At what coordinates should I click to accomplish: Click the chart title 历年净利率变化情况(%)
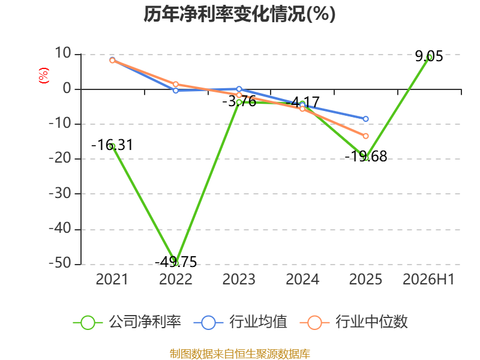click(x=239, y=14)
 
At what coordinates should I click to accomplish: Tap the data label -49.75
click(x=176, y=262)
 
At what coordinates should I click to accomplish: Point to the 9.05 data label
click(x=429, y=56)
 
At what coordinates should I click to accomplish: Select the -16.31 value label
click(x=112, y=145)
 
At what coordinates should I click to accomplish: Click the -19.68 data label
click(x=366, y=156)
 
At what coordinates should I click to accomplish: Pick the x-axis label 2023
click(x=239, y=279)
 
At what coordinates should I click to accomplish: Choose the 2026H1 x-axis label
click(x=428, y=279)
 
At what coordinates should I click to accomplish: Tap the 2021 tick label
click(x=112, y=279)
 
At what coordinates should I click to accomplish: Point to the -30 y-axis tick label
click(x=60, y=193)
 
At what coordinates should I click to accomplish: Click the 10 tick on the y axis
click(x=63, y=53)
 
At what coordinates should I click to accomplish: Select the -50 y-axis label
click(x=60, y=263)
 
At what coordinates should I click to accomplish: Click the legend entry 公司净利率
click(x=127, y=322)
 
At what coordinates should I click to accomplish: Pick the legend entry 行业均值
click(x=241, y=322)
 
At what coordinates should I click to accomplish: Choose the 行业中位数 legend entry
click(x=354, y=322)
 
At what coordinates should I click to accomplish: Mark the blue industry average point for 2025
click(x=365, y=119)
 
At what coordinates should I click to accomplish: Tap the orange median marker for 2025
click(x=365, y=136)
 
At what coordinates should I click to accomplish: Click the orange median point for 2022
click(x=176, y=84)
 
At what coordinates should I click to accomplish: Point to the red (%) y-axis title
click(x=44, y=76)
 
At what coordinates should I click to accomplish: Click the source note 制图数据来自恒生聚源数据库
click(x=239, y=354)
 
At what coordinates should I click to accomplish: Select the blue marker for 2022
click(x=176, y=91)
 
